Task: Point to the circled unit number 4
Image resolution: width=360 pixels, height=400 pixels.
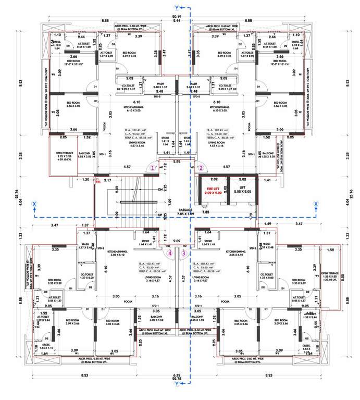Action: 171,253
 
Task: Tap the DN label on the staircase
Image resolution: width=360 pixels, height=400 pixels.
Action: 158,190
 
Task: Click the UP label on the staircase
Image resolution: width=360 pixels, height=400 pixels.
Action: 158,214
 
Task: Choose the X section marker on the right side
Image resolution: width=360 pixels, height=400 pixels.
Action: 315,205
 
